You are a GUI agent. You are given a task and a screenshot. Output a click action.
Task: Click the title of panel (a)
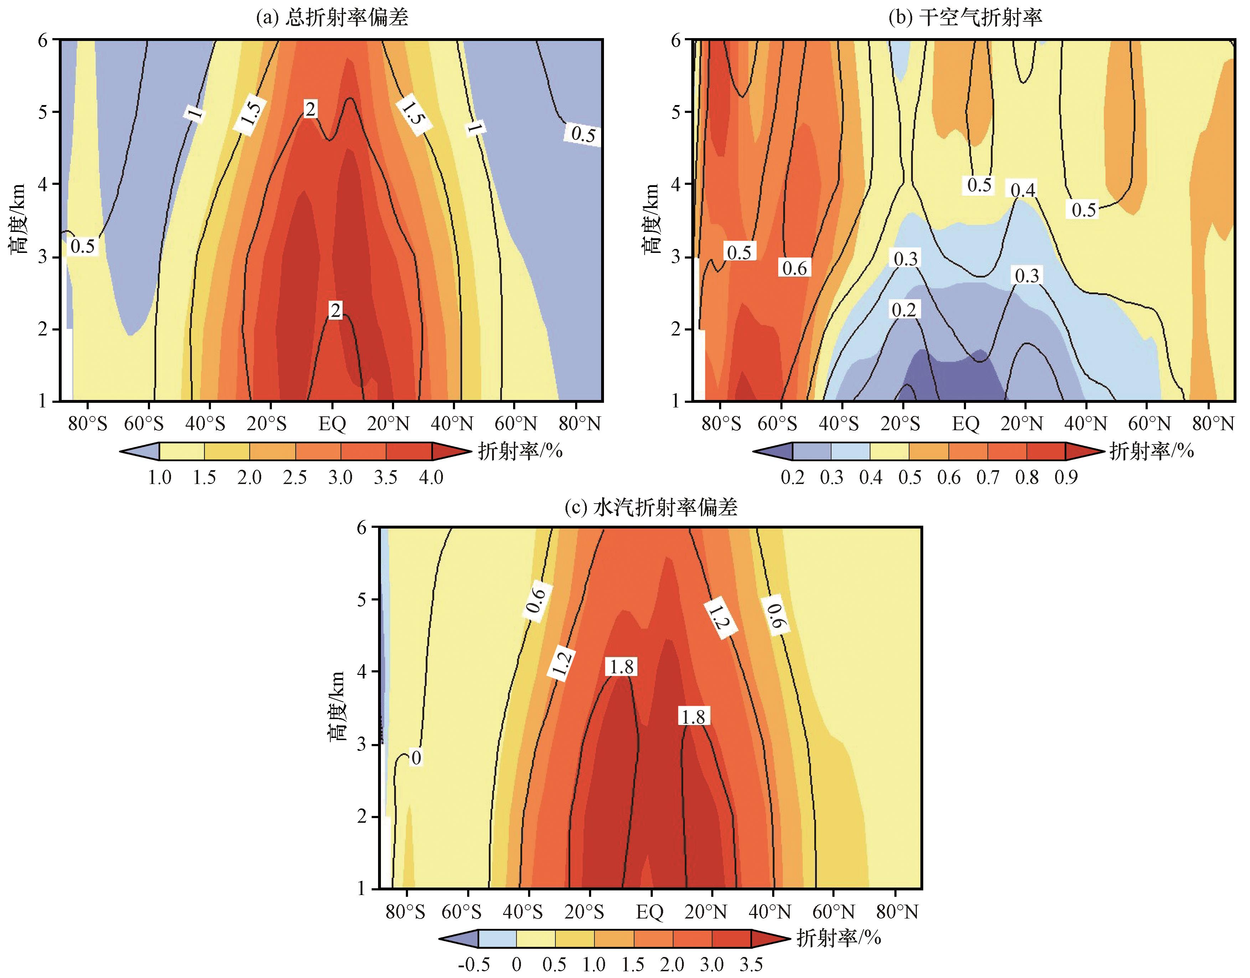coord(332,17)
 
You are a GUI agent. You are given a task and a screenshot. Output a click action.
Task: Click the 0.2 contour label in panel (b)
coord(904,310)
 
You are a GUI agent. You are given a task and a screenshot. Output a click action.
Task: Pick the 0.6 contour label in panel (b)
coord(795,268)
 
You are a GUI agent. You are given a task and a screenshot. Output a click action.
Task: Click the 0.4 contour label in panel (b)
coord(1023,189)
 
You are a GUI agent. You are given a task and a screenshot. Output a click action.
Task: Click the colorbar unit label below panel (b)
coord(1151,451)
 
